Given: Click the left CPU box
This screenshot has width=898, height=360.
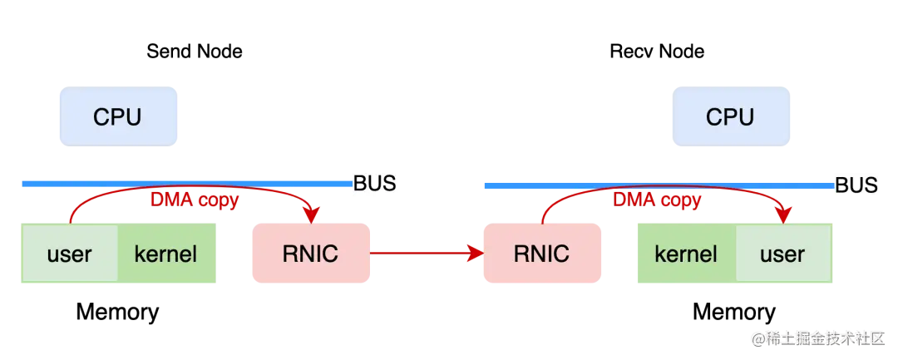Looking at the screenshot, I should (119, 116).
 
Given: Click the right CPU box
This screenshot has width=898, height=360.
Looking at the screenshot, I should (731, 116).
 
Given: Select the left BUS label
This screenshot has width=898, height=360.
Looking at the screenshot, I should (375, 183).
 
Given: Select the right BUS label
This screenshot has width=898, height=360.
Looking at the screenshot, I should (856, 185).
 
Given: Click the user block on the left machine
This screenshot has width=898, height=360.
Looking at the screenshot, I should (69, 254).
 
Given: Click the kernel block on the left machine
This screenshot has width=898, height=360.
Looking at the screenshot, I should (167, 254).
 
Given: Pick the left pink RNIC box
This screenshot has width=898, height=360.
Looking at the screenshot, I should (309, 253).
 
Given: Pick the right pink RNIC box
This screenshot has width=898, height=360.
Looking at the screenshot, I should (541, 253).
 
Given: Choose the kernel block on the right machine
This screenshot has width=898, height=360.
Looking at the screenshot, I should (685, 254).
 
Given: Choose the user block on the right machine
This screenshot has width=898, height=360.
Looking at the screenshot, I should (782, 254).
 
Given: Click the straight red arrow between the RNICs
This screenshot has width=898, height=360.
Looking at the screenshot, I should (424, 253).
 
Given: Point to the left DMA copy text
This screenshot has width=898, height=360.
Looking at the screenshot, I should (194, 200).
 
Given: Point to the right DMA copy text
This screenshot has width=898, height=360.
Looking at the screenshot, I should (657, 200).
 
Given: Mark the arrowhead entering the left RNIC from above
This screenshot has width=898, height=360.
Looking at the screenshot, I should (312, 215).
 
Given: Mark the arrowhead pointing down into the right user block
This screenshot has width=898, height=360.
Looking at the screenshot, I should (782, 215).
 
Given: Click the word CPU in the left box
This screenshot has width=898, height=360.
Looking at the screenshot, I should (117, 117).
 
